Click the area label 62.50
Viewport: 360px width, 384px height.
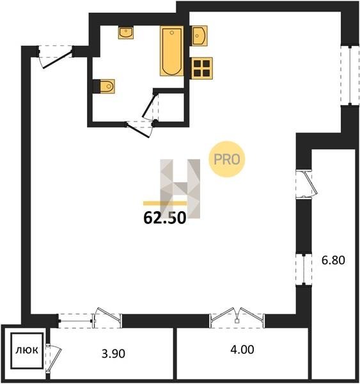(165, 218)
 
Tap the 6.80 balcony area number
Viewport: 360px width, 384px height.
(333, 260)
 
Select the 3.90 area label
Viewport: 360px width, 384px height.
(113, 353)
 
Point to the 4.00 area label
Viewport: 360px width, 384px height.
(242, 349)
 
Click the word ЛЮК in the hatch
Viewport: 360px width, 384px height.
(27, 350)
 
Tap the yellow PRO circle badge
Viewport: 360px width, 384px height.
(226, 159)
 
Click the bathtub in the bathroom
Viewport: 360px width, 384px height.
(172, 51)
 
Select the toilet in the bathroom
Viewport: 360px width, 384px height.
(104, 86)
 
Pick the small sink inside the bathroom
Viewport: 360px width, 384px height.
(126, 33)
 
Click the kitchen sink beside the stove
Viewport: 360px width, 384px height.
(199, 36)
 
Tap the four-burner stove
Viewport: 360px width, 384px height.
(201, 68)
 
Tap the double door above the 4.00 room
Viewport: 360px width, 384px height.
(237, 317)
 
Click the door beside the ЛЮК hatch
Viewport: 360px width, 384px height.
(53, 358)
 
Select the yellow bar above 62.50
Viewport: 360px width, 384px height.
(165, 203)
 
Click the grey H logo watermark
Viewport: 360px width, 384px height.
(180, 189)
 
